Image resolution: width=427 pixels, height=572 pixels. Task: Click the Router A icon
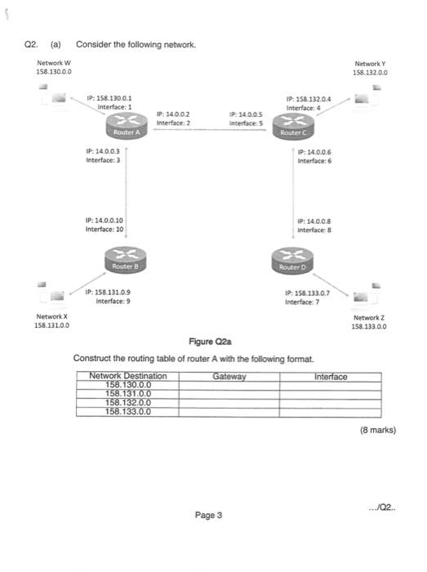tap(125, 128)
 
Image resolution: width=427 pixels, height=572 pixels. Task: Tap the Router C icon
tap(291, 128)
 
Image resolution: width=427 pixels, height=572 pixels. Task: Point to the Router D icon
tap(291, 263)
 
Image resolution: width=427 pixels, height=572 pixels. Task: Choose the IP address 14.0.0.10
tap(104, 221)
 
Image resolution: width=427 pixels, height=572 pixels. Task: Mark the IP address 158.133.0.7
tap(307, 293)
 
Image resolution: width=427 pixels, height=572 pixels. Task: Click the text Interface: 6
tap(314, 161)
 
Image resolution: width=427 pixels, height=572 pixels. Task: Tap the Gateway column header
tap(229, 377)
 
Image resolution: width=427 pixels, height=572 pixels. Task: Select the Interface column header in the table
tap(330, 377)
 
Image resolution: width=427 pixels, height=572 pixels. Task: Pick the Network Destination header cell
tap(128, 377)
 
